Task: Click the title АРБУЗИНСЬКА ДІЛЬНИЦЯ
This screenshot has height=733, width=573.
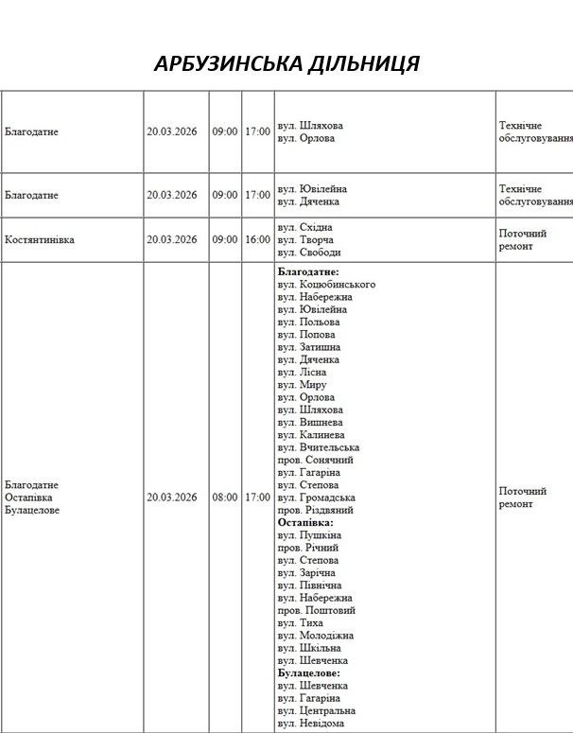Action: click(x=286, y=64)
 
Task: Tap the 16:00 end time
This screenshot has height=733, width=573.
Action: click(x=257, y=240)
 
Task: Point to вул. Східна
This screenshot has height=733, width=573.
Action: click(x=305, y=228)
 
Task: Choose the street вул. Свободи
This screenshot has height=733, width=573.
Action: click(x=309, y=253)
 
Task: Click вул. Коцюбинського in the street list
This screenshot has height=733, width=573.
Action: click(x=326, y=285)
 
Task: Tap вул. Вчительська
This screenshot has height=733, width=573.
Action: click(x=319, y=447)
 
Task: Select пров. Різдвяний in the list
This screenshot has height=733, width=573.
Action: click(x=316, y=510)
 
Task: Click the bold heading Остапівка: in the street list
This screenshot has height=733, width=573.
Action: click(x=305, y=522)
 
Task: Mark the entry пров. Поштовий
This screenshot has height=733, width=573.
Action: click(x=316, y=610)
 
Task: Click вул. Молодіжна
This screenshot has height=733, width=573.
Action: click(x=316, y=636)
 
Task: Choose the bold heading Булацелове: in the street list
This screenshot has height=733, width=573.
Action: click(x=308, y=672)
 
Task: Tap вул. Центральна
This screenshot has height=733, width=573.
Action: click(x=317, y=710)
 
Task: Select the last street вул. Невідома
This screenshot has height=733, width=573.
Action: click(x=311, y=724)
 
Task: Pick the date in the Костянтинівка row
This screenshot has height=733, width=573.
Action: click(x=172, y=240)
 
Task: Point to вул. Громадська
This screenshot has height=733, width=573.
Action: click(x=317, y=497)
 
